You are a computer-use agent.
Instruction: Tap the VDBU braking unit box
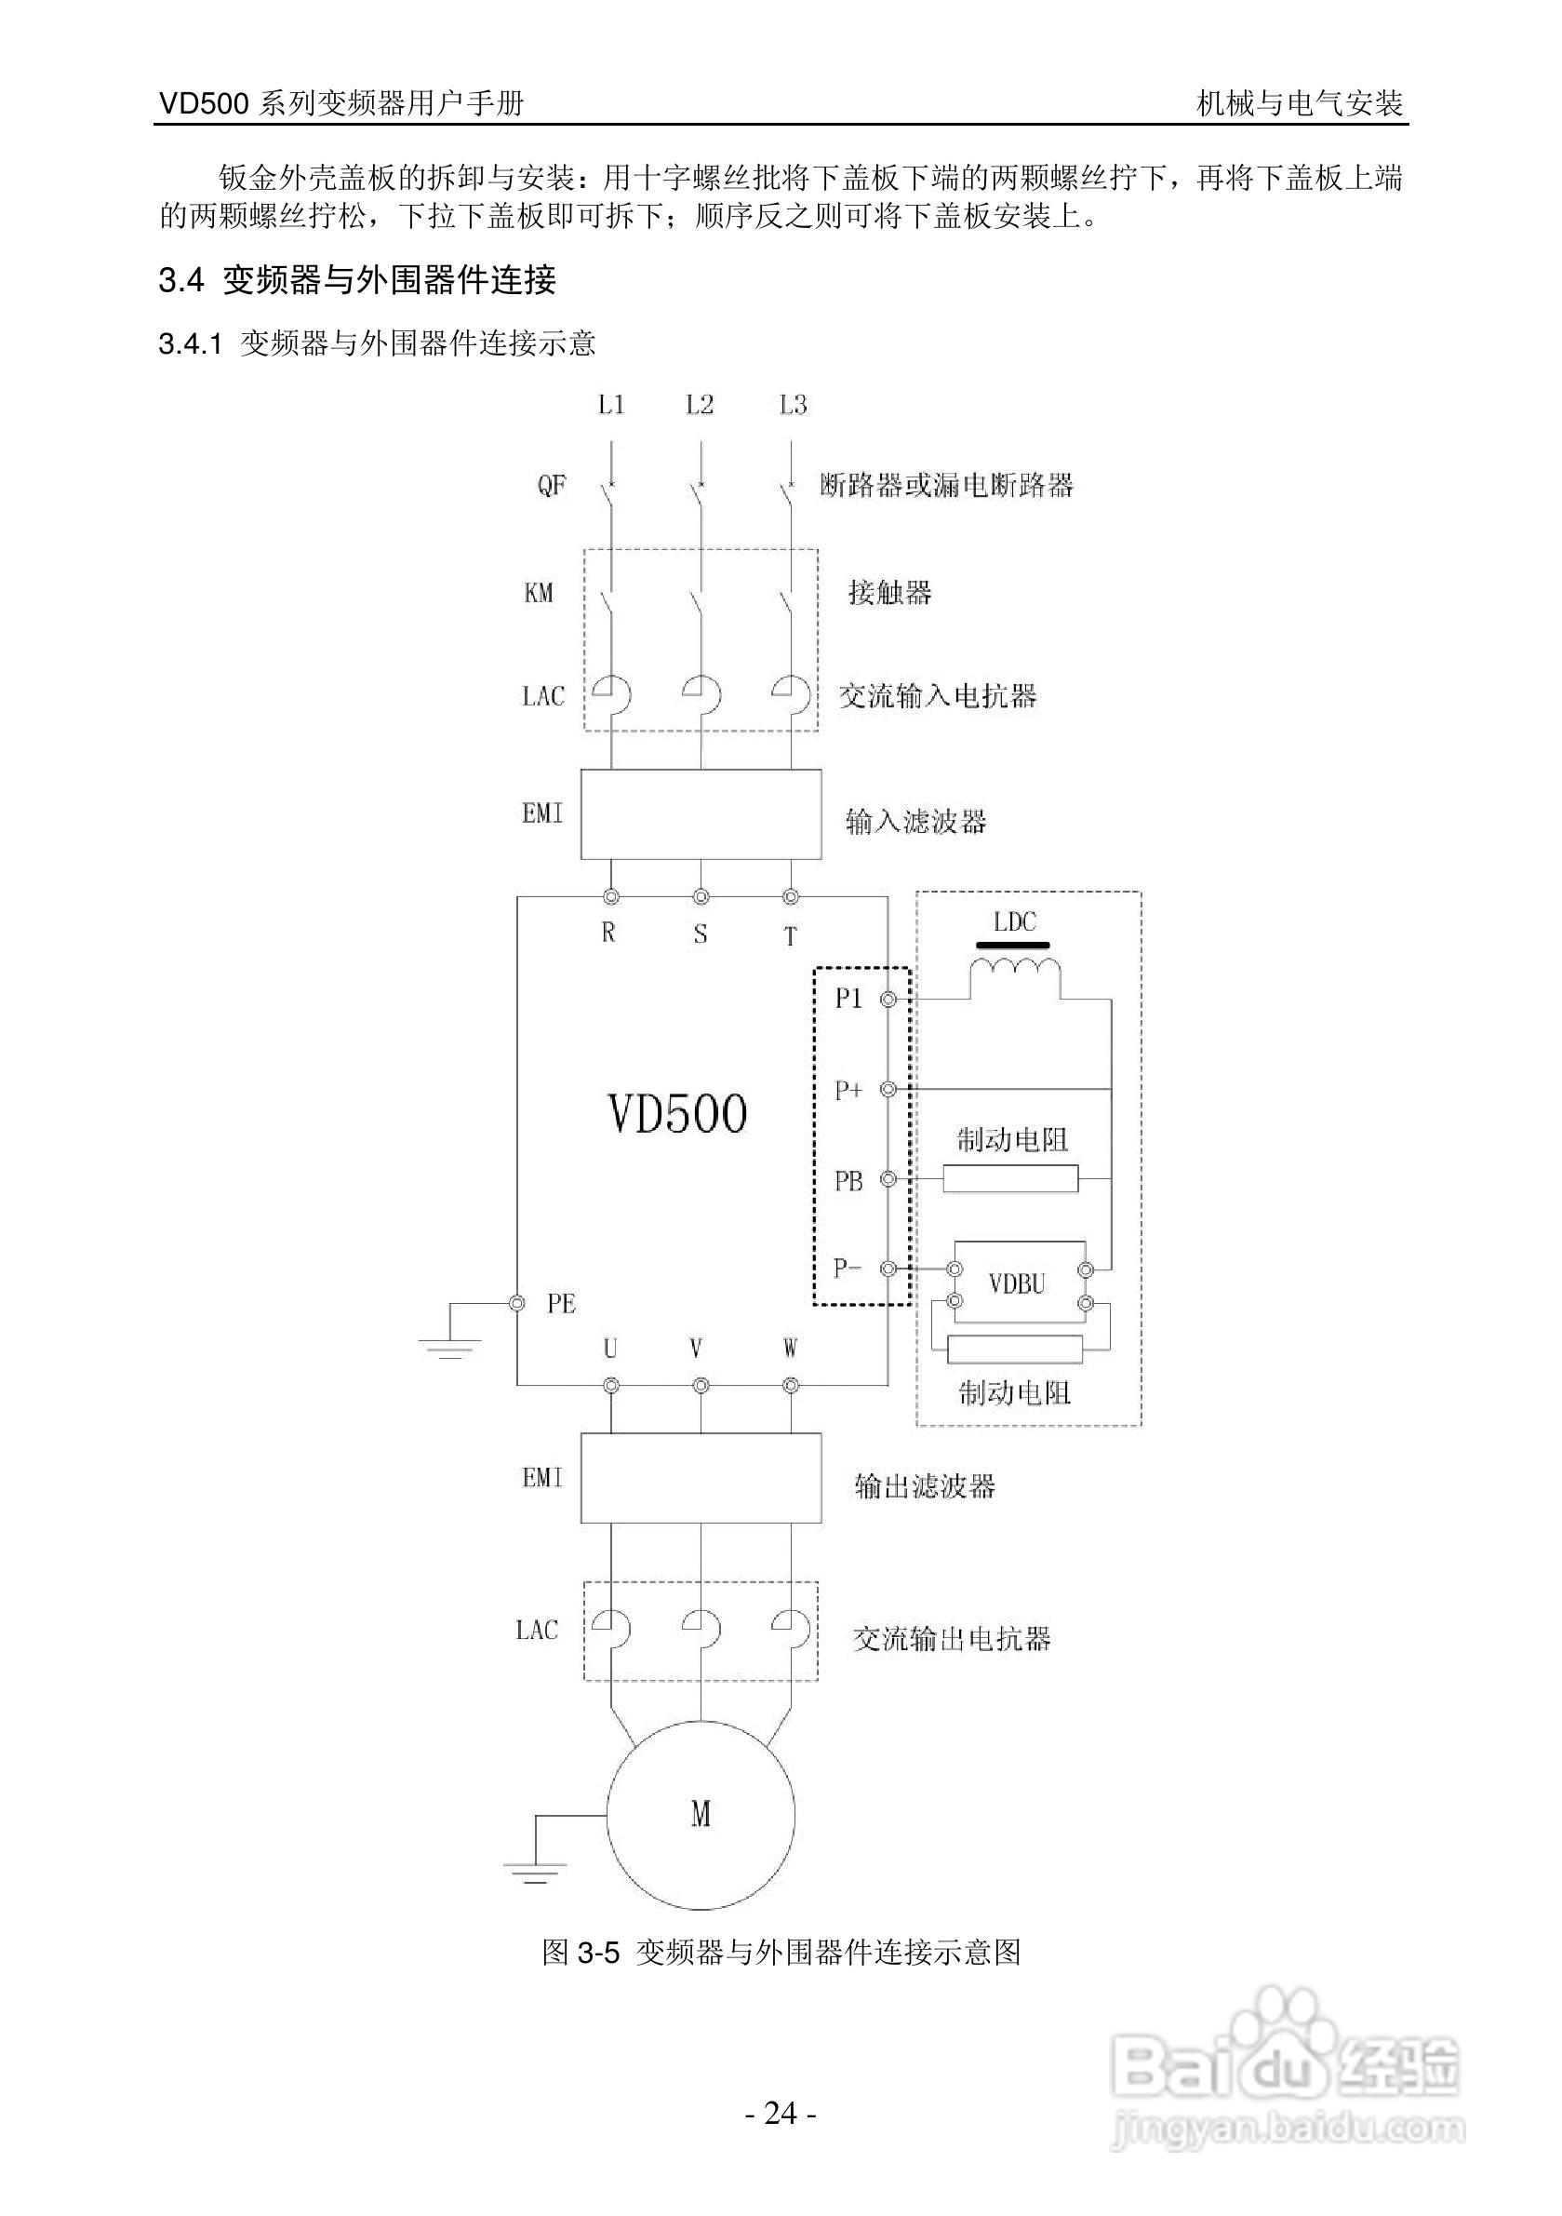pos(1019,1283)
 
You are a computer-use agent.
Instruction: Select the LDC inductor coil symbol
pos(1015,970)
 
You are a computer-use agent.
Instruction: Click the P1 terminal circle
pos(888,1000)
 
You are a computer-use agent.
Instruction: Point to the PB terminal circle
pos(888,1179)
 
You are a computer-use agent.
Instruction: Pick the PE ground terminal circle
pos(517,1303)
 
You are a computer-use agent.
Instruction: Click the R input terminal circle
pos(610,896)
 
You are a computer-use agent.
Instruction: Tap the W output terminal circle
pos(791,1386)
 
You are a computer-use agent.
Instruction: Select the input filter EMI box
pos(701,813)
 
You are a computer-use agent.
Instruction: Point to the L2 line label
pos(700,406)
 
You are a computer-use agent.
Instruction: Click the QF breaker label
pos(552,485)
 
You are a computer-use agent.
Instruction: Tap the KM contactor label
pos(539,592)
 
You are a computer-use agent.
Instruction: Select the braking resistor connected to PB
pos(1010,1178)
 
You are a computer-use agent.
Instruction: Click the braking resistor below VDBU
pos(1014,1350)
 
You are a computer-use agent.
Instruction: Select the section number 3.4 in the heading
pos(180,281)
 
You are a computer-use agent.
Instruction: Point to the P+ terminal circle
pos(888,1090)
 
